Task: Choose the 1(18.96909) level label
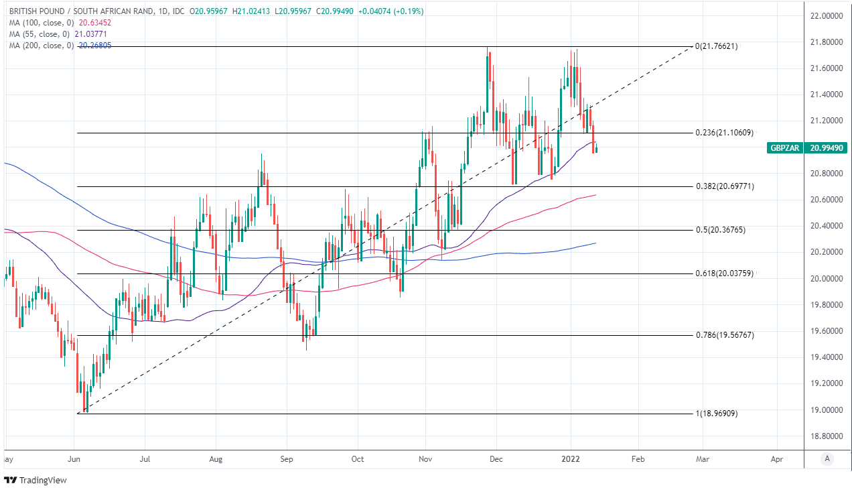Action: pos(719,414)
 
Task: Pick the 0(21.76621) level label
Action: pos(719,46)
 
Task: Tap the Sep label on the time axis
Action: pos(286,459)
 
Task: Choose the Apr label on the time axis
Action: pos(777,459)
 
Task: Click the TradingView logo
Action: pos(36,480)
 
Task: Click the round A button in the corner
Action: pos(828,459)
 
